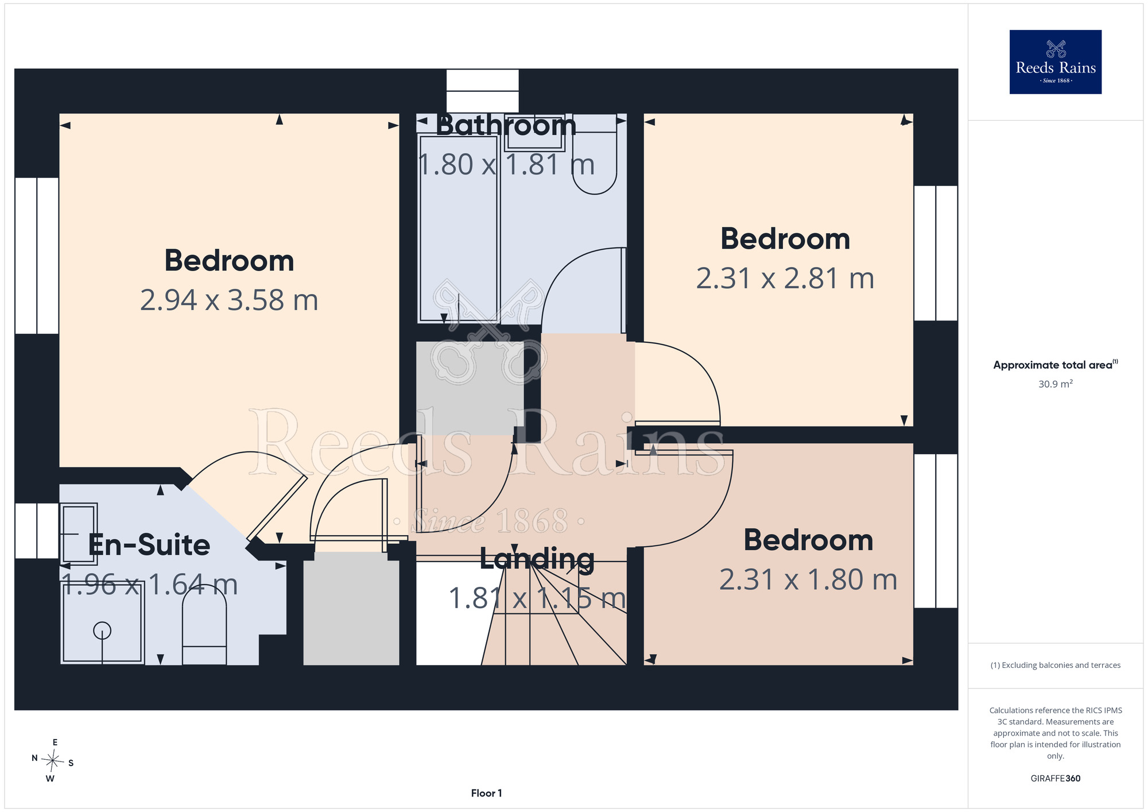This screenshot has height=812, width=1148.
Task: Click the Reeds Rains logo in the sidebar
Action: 1055,62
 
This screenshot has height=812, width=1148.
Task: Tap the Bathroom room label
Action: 506,125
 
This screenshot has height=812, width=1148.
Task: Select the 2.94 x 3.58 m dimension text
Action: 229,300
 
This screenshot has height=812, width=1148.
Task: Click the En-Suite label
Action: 149,545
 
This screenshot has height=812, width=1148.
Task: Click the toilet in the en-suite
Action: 204,627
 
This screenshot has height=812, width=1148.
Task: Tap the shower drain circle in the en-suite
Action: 102,631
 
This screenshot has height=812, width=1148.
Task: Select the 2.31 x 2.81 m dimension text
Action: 785,279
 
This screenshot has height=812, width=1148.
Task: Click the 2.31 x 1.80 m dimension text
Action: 808,580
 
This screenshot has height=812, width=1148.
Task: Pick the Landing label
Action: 537,559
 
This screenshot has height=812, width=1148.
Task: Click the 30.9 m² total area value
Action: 1055,384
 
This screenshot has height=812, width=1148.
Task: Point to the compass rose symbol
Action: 53,761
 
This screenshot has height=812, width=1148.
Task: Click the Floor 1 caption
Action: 486,793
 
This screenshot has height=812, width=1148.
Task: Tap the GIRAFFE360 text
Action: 1055,779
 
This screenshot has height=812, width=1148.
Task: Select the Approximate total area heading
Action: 1055,365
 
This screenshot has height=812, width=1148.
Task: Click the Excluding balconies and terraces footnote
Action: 1055,665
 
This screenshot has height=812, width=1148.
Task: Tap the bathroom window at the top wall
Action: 482,91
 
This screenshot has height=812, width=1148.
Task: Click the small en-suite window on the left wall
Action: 37,531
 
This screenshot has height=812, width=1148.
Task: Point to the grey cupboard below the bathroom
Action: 470,388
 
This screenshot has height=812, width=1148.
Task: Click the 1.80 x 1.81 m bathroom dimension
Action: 506,165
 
